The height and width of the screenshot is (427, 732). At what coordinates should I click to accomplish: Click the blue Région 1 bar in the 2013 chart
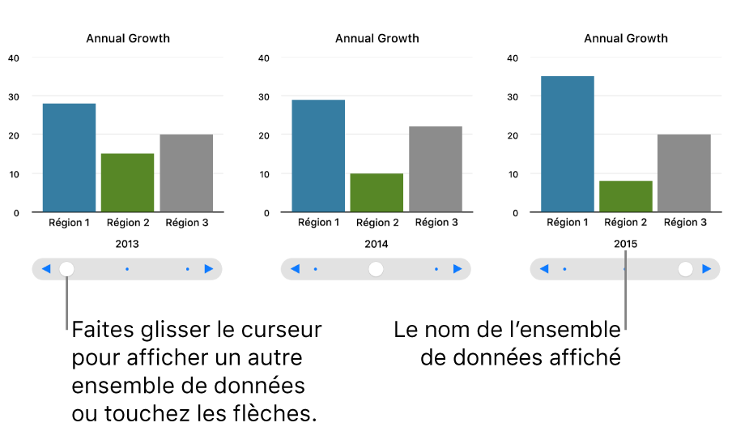(69, 158)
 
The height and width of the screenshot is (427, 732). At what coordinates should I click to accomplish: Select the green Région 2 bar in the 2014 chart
(377, 193)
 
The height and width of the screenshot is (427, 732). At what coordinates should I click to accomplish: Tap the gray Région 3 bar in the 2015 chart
(684, 173)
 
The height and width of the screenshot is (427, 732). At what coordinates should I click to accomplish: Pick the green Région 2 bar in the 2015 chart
(626, 196)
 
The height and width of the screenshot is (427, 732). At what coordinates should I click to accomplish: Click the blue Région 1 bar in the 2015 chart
(568, 144)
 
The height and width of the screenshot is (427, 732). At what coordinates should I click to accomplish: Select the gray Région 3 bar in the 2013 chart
(186, 173)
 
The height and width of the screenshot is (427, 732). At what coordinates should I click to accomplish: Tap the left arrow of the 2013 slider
(46, 269)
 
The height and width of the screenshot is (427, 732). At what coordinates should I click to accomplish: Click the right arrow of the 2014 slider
(457, 269)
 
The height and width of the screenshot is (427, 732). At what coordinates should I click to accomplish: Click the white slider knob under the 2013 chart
(67, 269)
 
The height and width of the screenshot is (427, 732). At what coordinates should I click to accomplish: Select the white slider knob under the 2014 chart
(376, 269)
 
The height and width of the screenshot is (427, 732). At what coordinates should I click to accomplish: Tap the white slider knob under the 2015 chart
(686, 269)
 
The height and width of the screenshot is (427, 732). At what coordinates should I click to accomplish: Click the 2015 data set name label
(625, 244)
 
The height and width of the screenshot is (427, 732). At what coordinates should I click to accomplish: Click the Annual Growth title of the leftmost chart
(128, 38)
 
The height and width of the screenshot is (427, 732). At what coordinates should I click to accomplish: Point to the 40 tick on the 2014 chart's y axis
(262, 58)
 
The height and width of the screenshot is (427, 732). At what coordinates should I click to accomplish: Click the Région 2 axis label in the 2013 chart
(128, 222)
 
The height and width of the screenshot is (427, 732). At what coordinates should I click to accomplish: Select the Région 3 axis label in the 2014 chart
(436, 222)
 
